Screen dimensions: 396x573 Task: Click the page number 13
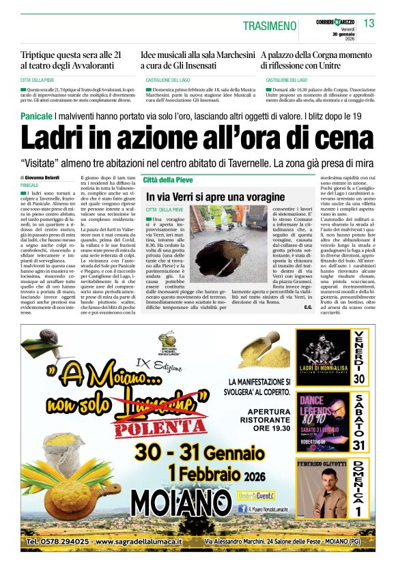click(369, 23)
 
